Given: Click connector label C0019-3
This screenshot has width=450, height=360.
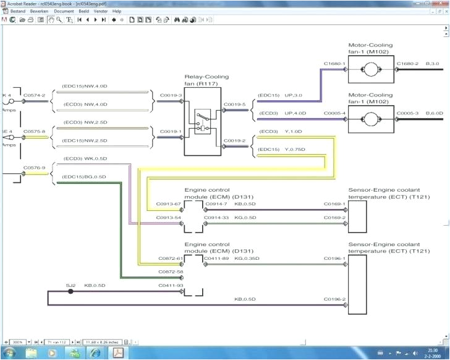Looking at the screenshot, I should tap(171, 96).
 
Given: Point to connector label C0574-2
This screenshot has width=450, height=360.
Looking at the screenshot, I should tap(35, 96).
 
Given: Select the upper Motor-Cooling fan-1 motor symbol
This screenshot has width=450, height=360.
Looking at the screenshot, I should tap(370, 72).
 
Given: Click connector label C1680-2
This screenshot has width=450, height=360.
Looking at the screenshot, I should tap(407, 64).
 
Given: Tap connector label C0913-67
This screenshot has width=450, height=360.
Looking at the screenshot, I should tap(169, 204).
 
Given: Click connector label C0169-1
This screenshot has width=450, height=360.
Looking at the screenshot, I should tap(334, 204).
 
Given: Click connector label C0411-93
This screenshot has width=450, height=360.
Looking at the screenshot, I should tap(170, 286).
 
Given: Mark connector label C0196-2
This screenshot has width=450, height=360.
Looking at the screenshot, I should tap(334, 299).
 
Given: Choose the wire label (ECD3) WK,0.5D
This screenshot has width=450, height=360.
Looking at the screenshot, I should tap(85, 158).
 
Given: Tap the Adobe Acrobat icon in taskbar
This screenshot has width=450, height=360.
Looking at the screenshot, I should tap(117, 353).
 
